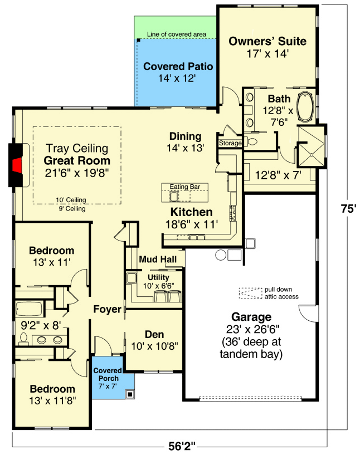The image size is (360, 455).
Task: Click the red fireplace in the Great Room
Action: coord(17,165)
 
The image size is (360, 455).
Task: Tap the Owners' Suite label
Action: coord(267,41)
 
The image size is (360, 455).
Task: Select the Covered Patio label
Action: coord(178,67)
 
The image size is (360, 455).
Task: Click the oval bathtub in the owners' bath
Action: coord(304,108)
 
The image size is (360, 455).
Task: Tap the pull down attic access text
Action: coord(281,293)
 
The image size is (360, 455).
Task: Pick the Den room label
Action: coord(154,334)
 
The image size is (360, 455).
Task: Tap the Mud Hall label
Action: coord(158,260)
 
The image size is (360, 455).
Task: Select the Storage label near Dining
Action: coord(230,143)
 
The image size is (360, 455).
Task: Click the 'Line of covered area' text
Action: coord(176,35)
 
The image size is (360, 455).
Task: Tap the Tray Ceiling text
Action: coord(76,149)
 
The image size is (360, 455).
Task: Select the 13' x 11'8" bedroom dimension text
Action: coord(52,399)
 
